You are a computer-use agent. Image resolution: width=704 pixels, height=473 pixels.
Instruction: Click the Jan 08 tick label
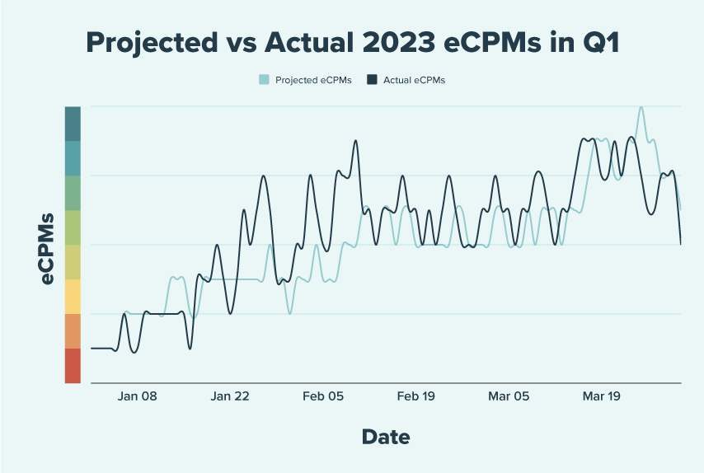(x=137, y=396)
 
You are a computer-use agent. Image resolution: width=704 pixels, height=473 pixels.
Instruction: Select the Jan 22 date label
(x=230, y=396)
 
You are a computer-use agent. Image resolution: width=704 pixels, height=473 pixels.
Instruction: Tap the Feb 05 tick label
(x=323, y=396)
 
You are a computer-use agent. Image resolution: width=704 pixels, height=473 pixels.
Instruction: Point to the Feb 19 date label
(x=416, y=396)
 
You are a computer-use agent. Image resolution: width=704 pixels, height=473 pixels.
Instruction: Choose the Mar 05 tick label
(x=509, y=396)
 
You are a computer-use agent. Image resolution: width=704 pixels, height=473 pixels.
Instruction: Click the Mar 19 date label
(x=602, y=396)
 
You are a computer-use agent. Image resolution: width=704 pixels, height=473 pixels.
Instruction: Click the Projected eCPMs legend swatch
(x=264, y=80)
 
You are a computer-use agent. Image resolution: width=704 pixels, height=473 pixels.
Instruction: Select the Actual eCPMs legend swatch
(x=372, y=80)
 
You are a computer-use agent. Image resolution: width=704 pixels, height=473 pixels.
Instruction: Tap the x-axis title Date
(x=385, y=437)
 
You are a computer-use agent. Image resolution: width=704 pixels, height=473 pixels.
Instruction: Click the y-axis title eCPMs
(x=48, y=248)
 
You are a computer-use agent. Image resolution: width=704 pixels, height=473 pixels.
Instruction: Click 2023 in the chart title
(x=398, y=43)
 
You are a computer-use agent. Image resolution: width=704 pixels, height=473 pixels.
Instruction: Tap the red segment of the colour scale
(x=73, y=366)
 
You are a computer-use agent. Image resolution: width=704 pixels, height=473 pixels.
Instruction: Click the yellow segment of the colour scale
(x=73, y=297)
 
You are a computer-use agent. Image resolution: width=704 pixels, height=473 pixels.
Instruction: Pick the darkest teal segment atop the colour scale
(x=73, y=124)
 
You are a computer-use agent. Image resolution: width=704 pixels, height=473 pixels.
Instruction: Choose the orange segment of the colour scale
(x=73, y=331)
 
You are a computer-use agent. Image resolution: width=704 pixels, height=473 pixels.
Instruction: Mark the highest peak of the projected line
(x=641, y=107)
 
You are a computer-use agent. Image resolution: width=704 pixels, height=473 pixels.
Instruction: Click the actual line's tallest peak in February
(x=356, y=141)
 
